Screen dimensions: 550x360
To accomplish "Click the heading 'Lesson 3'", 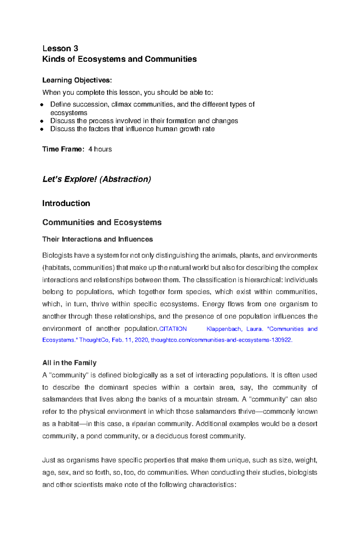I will [60, 49].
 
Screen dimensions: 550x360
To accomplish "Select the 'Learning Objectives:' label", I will [77, 80].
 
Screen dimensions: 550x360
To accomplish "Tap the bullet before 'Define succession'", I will [42, 105].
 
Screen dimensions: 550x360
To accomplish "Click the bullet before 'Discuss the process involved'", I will [42, 121].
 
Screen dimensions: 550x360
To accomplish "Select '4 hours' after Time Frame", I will [100, 149].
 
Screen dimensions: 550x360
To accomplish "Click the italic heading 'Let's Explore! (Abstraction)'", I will [97, 179].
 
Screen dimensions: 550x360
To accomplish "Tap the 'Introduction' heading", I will [66, 204].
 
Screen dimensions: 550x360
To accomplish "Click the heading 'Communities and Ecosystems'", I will [102, 222].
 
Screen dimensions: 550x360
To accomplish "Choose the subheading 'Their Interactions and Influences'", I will [97, 239].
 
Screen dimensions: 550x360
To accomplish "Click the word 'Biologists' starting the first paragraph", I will [57, 256].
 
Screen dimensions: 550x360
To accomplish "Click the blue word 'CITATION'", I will [173, 329].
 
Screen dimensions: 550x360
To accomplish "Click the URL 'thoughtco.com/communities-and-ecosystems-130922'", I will [221, 340].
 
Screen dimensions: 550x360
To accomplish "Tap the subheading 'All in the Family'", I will [69, 363].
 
